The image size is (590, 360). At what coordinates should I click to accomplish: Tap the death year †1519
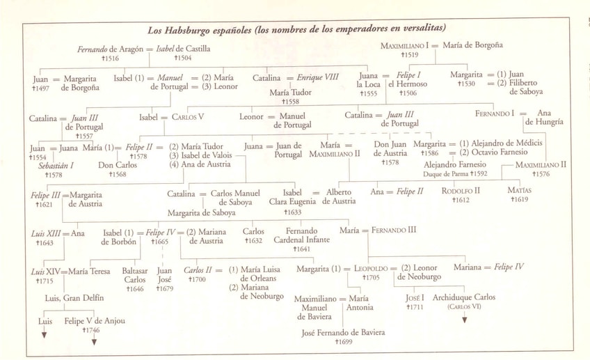[410, 54]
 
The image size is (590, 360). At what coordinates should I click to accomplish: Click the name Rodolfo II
[461, 190]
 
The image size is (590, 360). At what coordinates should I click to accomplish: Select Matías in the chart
[520, 190]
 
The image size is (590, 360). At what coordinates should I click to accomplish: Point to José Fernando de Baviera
[343, 333]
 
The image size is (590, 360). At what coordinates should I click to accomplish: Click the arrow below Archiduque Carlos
[465, 320]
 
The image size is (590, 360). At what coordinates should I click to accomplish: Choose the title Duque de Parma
[447, 173]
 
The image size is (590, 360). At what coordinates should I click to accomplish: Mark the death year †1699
[344, 343]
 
